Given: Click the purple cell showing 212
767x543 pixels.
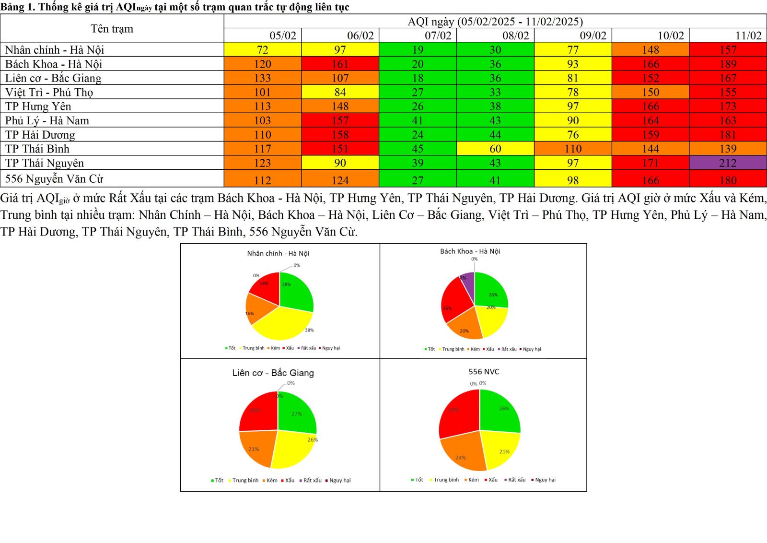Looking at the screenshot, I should pos(728,163).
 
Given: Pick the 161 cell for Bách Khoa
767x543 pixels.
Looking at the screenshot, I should pos(340,64).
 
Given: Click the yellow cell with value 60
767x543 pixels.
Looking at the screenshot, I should pos(495,149).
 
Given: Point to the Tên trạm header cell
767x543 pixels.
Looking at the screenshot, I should pos(112,29).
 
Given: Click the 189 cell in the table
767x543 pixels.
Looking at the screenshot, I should pos(728,64).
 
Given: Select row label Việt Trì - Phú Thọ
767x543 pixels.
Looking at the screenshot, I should pos(49,92).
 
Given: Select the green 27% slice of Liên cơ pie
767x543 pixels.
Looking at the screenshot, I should pos(295,413).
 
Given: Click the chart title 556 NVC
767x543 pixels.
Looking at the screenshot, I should pos(484,372).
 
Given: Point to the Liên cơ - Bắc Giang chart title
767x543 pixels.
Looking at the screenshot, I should pos(273,373).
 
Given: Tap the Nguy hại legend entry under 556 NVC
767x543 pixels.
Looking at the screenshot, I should pos(545,480).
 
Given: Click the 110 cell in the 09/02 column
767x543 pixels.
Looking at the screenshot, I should pos(573,149).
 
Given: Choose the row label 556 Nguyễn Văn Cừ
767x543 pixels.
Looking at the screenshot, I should pos(54,179).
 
